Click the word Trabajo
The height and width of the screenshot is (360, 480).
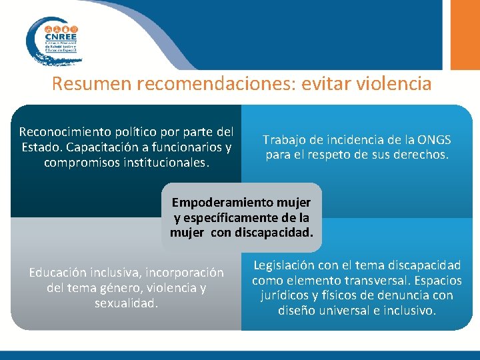click(285, 140)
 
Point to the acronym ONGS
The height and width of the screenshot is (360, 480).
click(433, 140)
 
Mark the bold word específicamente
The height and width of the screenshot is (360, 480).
click(233, 217)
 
